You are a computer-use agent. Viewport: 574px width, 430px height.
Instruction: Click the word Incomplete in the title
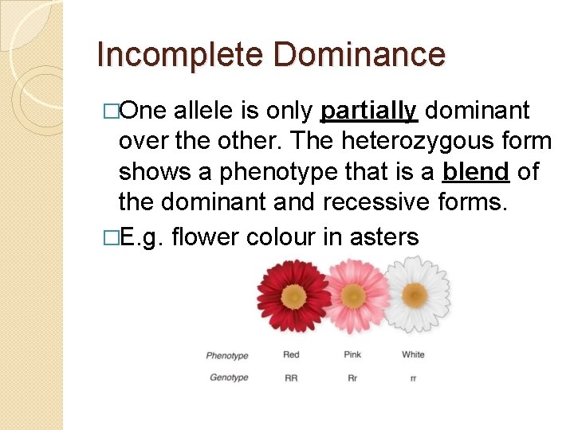[x=179, y=56]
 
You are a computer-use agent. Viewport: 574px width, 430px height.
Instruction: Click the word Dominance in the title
[x=358, y=56]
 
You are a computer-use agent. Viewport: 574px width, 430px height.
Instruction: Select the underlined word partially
[x=368, y=111]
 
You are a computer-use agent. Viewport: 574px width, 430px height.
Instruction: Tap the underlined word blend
[x=476, y=172]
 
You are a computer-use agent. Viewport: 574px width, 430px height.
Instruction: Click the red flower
[x=293, y=296]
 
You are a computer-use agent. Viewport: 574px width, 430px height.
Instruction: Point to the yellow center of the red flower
[x=293, y=297]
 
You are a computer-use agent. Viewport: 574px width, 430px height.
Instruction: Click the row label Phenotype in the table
[x=227, y=356]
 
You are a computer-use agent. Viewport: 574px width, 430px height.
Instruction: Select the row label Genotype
[x=229, y=377]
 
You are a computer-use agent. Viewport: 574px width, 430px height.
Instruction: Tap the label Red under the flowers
[x=291, y=354]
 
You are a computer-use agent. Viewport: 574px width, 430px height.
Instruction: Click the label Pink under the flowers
[x=352, y=354]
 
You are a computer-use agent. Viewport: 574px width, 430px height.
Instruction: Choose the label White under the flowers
[x=413, y=354]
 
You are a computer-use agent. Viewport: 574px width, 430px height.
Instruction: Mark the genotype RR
[x=291, y=378]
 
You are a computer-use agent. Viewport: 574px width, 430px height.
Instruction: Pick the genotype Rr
[x=352, y=378]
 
